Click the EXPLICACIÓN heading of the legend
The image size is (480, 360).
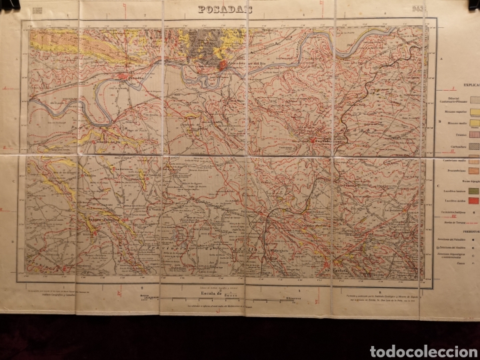point(463,86)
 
